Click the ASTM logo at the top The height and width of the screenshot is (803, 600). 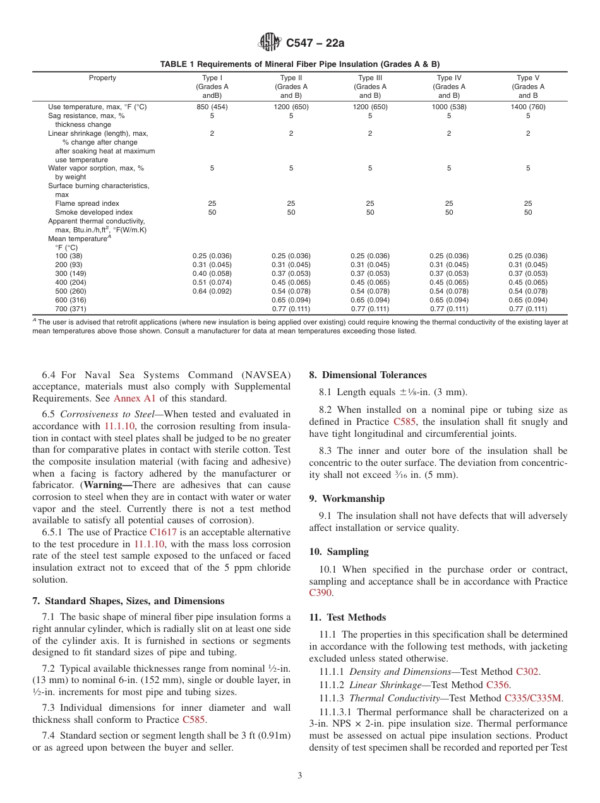[x=270, y=43]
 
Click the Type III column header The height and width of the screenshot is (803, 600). [x=370, y=86]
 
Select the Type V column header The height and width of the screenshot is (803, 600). [x=528, y=86]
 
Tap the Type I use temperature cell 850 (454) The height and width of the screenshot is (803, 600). [x=212, y=107]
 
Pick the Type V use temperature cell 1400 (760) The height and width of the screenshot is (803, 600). [x=528, y=107]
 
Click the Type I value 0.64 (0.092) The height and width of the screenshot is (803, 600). [x=212, y=291]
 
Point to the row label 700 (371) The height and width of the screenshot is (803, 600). [x=69, y=309]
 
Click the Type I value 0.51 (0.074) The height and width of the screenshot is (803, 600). [x=212, y=282]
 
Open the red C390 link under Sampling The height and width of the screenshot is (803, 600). [x=320, y=593]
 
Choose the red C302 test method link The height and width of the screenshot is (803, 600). [x=527, y=672]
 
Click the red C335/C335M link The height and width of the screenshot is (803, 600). [x=533, y=698]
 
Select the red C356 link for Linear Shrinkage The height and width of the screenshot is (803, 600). [x=498, y=685]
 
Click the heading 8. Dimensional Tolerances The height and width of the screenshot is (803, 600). [x=368, y=375]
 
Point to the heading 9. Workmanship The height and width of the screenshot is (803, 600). [x=347, y=499]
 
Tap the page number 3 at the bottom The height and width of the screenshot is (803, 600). [x=300, y=776]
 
